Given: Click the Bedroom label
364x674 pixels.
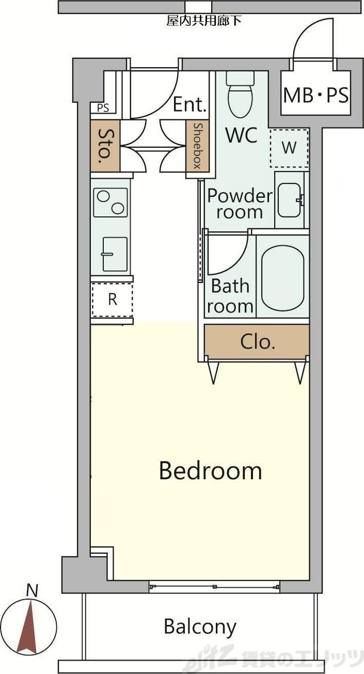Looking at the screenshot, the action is (210, 471).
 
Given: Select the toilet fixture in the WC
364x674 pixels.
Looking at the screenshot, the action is (240, 94).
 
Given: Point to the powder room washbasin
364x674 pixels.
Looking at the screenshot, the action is (290, 200).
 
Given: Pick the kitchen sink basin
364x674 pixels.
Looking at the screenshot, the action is (115, 254).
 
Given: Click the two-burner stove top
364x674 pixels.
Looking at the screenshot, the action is (110, 202).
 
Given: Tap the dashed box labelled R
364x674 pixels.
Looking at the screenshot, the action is (112, 300).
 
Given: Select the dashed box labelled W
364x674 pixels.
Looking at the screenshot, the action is (289, 148).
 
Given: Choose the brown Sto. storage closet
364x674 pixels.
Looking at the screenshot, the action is (105, 146).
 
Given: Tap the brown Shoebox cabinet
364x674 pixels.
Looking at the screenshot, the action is (197, 146).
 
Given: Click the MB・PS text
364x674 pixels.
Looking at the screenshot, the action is (316, 95).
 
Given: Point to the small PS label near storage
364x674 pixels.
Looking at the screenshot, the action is (103, 108).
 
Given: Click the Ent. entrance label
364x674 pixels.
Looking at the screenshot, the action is (190, 104).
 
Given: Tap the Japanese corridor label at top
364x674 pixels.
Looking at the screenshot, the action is (204, 21).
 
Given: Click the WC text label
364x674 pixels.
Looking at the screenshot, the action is (242, 135).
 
